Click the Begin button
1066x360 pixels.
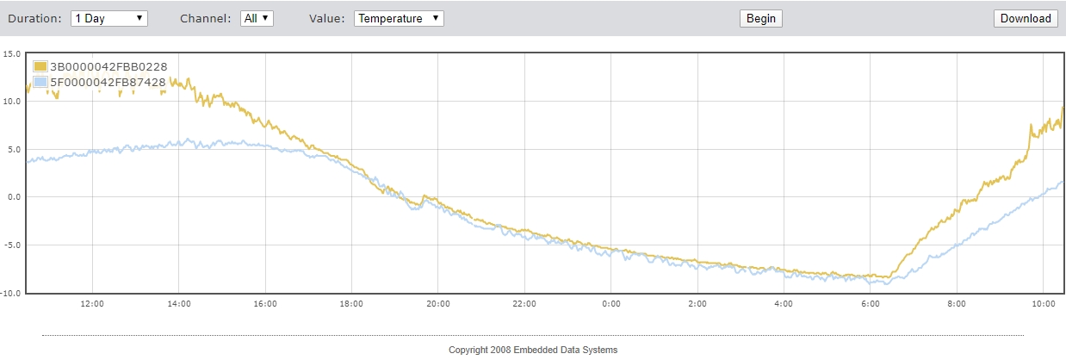pos(761,18)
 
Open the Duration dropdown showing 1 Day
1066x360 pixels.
pos(109,18)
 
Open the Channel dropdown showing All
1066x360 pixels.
pos(257,18)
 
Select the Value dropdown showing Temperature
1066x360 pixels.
pos(399,18)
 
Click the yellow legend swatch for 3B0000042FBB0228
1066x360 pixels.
pos(40,66)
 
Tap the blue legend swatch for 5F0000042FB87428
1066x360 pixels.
pos(40,82)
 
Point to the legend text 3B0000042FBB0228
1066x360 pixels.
pos(108,66)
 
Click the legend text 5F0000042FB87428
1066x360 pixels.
pos(108,82)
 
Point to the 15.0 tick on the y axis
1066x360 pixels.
pos(12,53)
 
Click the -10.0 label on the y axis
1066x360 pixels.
pos(11,293)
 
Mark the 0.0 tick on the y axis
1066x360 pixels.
pos(14,197)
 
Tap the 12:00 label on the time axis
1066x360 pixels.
pos(92,304)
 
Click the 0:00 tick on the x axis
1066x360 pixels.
pos(610,304)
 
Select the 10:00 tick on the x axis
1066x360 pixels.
pos(1043,304)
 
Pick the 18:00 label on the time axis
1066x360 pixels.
pos(351,304)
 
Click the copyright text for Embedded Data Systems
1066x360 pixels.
pos(533,350)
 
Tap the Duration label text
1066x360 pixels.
pos(34,18)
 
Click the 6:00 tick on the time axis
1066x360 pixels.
pos(870,304)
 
